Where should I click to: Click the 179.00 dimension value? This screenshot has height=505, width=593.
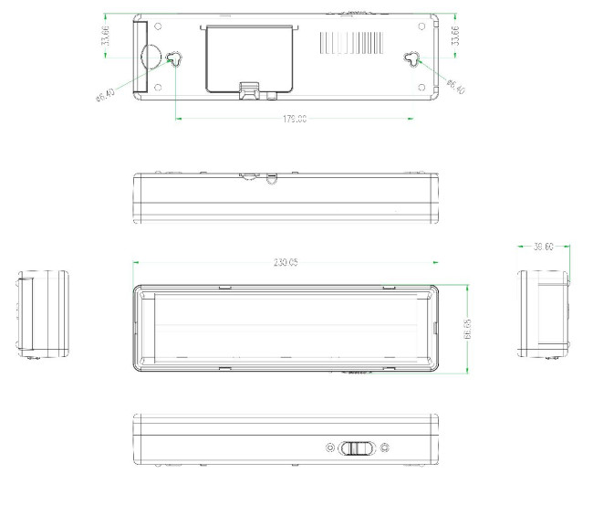tap(294, 119)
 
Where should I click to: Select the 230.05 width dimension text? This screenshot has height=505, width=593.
tap(286, 262)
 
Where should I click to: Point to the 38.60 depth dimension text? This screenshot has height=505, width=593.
tap(544, 247)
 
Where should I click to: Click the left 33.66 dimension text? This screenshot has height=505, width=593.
tap(107, 37)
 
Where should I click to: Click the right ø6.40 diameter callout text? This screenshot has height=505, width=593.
tap(456, 87)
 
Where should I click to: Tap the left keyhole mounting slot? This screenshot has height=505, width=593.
tap(174, 59)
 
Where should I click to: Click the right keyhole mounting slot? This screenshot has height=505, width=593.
tap(415, 59)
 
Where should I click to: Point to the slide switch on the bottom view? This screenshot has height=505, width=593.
tap(357, 448)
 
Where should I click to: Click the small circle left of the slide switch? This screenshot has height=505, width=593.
tap(330, 448)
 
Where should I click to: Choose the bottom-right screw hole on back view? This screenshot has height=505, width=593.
tap(421, 88)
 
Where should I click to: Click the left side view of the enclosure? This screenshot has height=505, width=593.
tap(44, 312)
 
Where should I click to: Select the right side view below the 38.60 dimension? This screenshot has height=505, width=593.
tap(544, 313)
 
